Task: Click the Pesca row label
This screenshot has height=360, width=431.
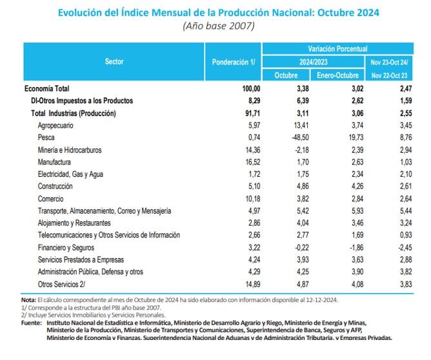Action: click(x=46, y=137)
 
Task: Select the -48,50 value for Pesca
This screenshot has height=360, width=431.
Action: click(x=300, y=137)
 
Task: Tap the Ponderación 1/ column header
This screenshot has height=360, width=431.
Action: click(x=234, y=62)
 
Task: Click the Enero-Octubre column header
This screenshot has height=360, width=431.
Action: click(x=337, y=75)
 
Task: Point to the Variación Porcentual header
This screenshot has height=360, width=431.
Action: click(x=337, y=49)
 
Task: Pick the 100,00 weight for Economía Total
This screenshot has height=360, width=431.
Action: click(x=251, y=88)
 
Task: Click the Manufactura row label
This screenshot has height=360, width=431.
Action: click(x=54, y=162)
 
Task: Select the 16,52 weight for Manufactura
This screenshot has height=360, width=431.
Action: click(x=253, y=162)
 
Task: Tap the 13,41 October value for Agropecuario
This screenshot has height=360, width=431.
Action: click(x=301, y=125)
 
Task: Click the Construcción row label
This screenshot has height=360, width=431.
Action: click(x=55, y=186)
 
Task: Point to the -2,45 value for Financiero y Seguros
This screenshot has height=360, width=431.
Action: click(x=405, y=248)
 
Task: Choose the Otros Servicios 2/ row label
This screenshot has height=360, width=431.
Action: click(x=61, y=284)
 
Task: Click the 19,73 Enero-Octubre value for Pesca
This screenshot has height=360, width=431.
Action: click(x=356, y=137)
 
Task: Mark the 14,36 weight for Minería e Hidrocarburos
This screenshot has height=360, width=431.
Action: click(x=253, y=150)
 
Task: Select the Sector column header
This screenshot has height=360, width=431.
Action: click(x=114, y=61)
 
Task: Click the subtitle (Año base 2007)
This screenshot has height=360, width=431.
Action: click(x=219, y=26)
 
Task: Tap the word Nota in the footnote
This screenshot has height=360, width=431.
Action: click(x=28, y=300)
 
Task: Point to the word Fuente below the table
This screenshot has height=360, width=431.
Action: click(x=32, y=323)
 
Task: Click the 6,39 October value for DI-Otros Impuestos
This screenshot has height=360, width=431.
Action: click(x=303, y=101)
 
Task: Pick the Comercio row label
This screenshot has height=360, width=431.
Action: click(x=50, y=199)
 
